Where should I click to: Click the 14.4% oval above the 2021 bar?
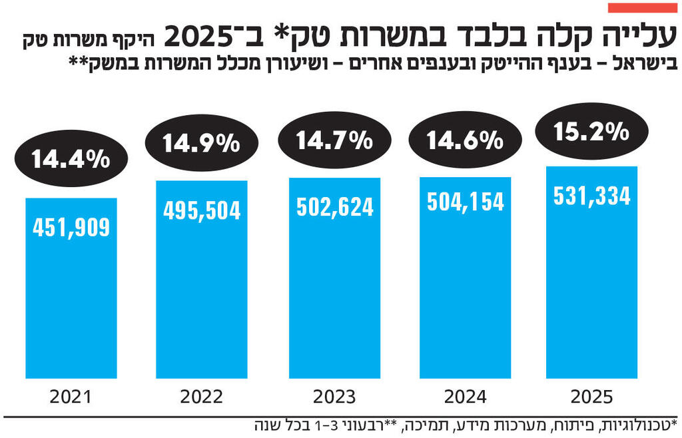click(70, 159)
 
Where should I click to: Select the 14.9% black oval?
click(201, 142)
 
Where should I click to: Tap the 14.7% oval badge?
click(334, 140)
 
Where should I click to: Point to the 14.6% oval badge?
click(464, 140)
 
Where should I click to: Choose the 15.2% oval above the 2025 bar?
click(591, 132)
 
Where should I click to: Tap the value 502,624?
click(334, 207)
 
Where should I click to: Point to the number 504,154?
click(465, 201)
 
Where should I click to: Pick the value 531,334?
click(591, 196)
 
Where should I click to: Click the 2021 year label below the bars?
click(71, 397)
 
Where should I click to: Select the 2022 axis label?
click(202, 397)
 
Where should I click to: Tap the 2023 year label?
click(334, 397)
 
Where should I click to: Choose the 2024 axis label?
click(465, 397)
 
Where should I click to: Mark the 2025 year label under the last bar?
click(591, 397)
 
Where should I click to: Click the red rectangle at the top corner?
click(642, 7)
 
